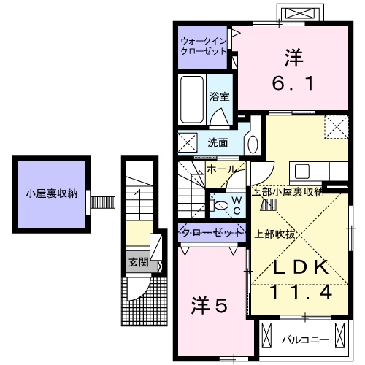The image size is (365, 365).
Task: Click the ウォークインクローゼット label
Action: click(203, 47)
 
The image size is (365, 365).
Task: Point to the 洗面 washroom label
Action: click(218, 142)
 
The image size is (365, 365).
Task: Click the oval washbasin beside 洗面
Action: click(252, 142)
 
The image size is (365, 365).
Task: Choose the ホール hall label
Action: click(222, 169)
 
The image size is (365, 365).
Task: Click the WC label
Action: click(237, 204)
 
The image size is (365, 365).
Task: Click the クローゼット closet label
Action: click(211, 232)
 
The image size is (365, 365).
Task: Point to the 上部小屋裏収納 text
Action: click(287, 192)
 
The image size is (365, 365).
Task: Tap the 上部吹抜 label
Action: click(275, 234)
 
